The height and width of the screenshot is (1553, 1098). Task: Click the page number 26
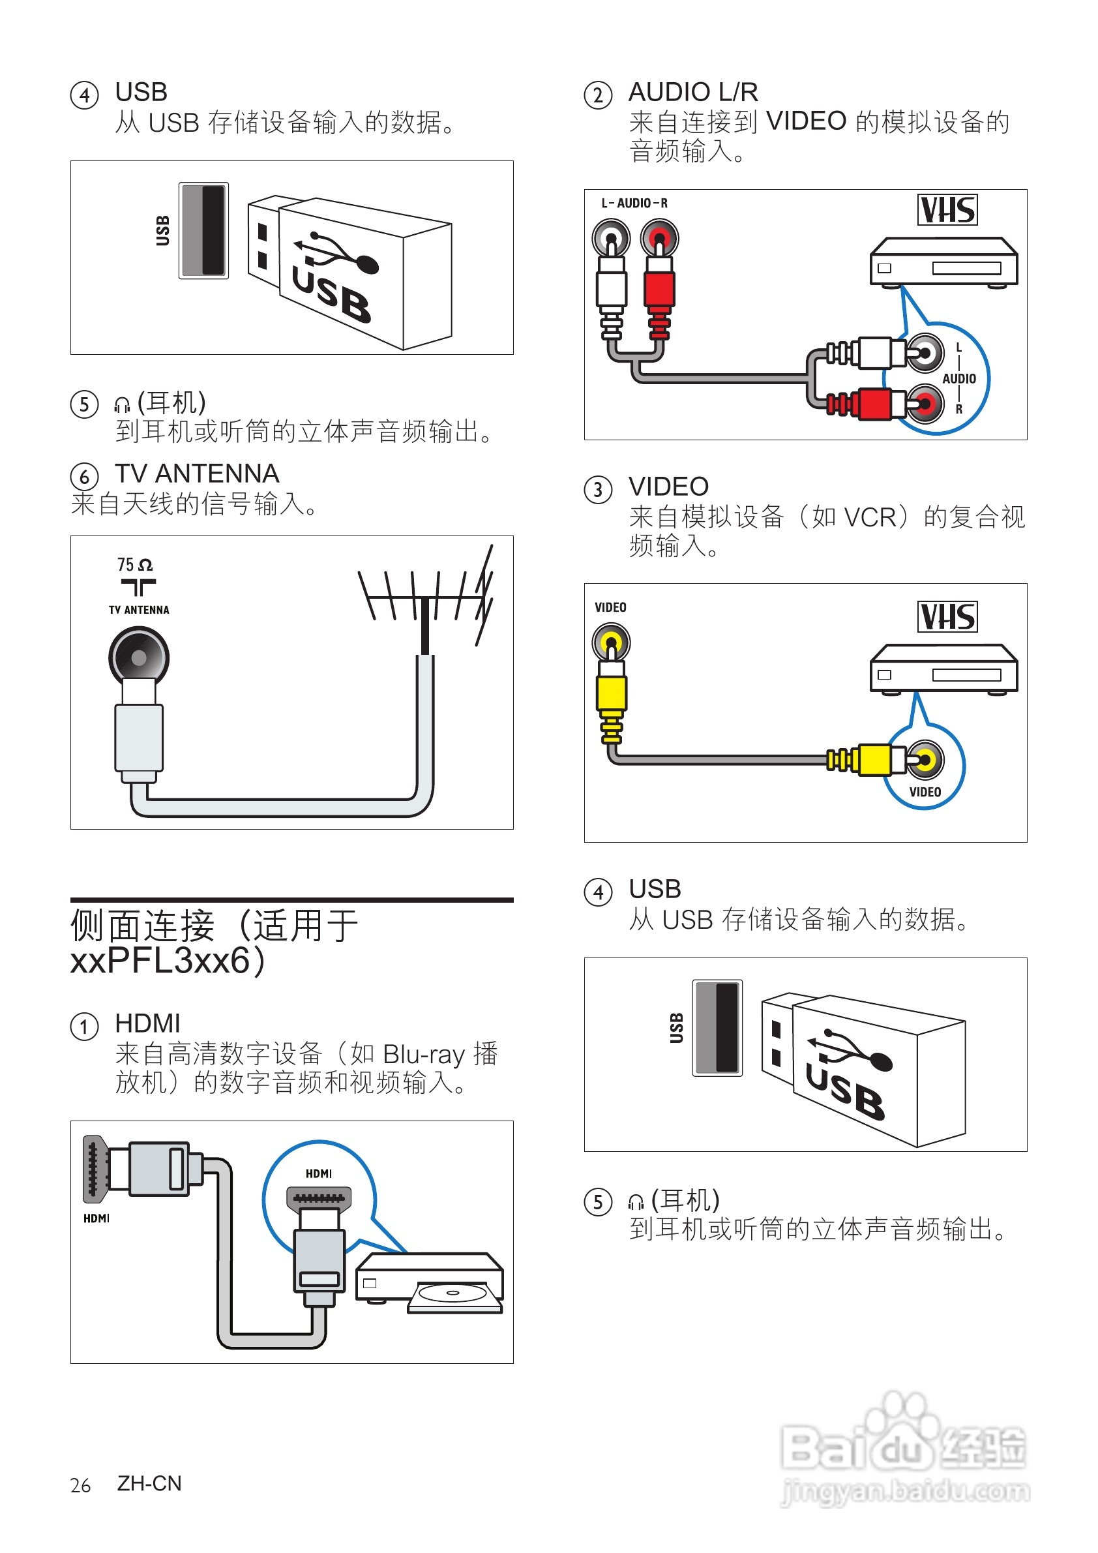(80, 1485)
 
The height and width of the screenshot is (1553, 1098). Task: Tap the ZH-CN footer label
(149, 1483)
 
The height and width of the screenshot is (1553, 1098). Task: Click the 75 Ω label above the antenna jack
(134, 564)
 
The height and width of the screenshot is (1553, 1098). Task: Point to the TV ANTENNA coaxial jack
(139, 657)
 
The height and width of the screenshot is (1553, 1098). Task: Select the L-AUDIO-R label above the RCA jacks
(634, 203)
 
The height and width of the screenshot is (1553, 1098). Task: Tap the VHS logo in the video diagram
(947, 617)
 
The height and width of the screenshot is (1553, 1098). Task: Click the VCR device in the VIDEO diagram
(943, 670)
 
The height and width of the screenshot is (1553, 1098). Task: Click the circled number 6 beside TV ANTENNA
(85, 476)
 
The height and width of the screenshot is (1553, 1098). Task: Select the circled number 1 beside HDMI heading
(85, 1027)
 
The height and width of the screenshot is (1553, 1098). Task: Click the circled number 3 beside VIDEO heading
(598, 489)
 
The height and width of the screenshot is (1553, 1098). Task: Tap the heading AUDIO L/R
(693, 92)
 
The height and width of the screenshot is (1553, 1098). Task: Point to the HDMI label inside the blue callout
(318, 1173)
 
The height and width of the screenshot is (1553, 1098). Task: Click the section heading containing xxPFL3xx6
(215, 942)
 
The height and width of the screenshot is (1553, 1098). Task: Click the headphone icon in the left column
(122, 404)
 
